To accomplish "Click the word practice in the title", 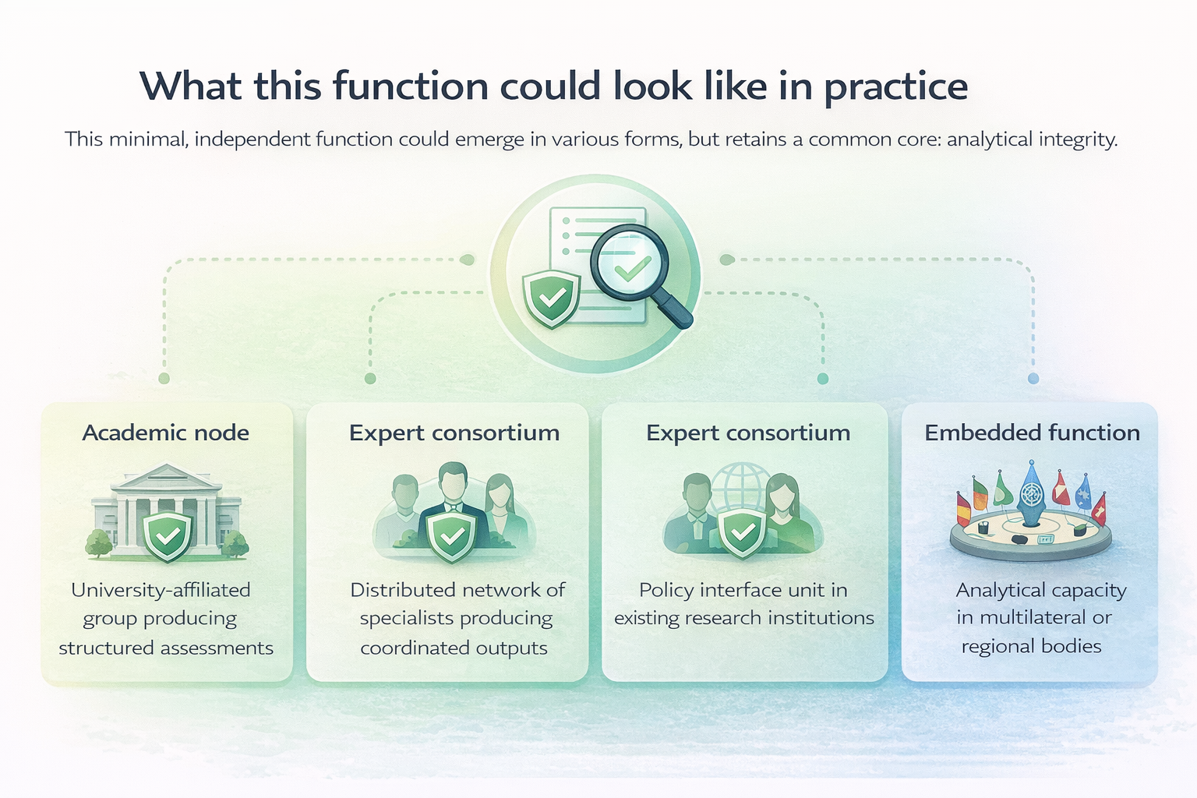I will [895, 87].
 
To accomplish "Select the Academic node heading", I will [165, 433].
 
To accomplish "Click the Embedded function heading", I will [1032, 433].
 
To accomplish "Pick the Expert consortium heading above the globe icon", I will [747, 433].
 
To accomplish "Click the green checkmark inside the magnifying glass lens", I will [632, 269].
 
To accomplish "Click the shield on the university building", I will [168, 535].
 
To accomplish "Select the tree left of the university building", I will [99, 542].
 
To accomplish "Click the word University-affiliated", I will [161, 590].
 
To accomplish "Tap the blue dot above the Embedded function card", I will [1033, 379].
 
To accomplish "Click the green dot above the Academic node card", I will [164, 379].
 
